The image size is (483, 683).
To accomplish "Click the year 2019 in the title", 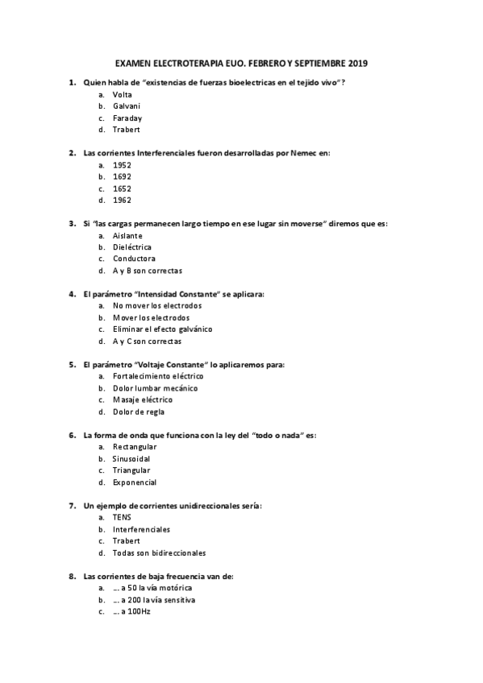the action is click(x=355, y=62).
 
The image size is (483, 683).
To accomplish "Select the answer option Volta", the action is click(x=123, y=94).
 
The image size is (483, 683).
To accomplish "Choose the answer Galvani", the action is click(x=127, y=106).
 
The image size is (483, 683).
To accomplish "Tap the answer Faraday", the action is click(x=127, y=118).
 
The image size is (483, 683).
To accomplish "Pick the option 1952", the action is click(x=123, y=164).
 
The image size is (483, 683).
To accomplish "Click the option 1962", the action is click(x=123, y=200).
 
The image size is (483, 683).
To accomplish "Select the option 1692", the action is click(x=123, y=176).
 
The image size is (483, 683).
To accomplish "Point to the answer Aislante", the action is click(x=127, y=235).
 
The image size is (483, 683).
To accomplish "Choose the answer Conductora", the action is click(x=134, y=259).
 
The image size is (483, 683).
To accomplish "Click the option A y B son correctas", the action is click(x=148, y=271).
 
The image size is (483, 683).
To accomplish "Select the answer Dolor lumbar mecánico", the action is click(x=155, y=388).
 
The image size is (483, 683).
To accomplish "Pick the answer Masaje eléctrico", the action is click(x=143, y=399).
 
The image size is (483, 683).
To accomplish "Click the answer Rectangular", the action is click(x=135, y=446).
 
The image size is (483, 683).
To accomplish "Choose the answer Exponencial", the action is click(x=135, y=482).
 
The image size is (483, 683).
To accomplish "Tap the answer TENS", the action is click(x=122, y=517).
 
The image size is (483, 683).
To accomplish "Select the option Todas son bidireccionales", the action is click(x=159, y=553).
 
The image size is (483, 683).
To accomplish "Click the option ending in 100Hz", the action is click(x=131, y=611).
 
